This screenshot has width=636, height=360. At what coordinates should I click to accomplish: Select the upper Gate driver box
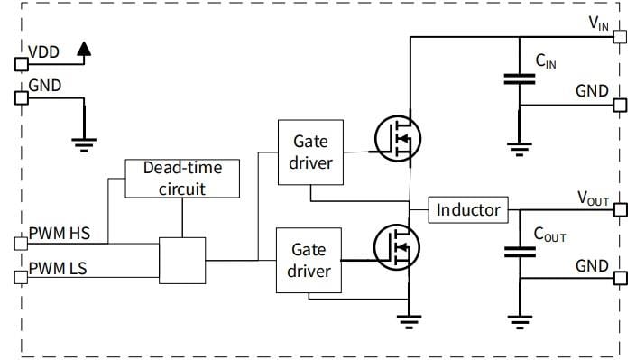(309, 152)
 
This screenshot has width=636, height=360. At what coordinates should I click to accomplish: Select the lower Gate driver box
(309, 259)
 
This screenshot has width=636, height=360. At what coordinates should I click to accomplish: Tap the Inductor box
(467, 210)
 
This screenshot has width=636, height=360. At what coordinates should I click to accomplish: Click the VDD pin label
(43, 53)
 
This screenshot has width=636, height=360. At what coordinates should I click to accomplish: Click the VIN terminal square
(619, 37)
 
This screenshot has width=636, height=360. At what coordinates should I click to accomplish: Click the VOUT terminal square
(619, 210)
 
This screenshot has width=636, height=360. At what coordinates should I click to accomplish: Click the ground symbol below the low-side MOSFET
(410, 317)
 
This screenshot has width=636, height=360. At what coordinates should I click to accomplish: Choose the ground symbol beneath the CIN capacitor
(519, 143)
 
